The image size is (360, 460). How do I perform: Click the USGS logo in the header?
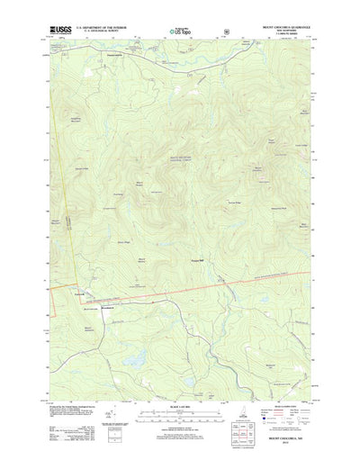[60, 30]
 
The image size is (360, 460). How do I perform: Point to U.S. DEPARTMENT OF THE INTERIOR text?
[103, 28]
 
